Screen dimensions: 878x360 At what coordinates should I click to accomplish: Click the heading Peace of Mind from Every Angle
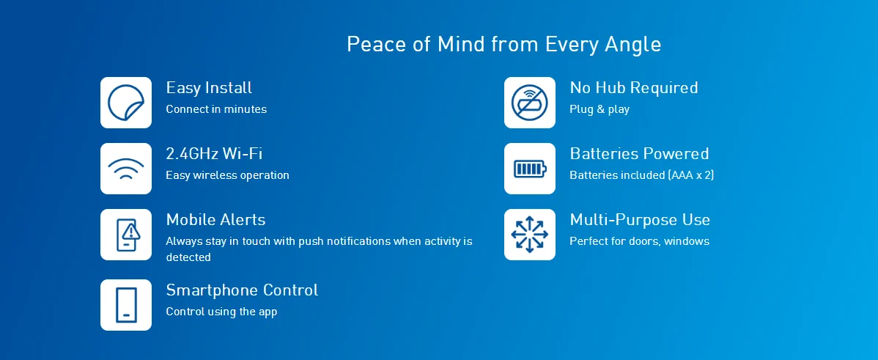pos(503,44)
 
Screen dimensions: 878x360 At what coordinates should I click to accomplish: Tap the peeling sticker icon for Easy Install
pos(126,103)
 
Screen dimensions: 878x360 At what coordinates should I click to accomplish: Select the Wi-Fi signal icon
pos(126,169)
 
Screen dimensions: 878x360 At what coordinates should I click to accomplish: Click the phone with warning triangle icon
pos(126,235)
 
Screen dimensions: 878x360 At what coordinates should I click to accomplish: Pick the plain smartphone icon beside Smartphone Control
pos(126,305)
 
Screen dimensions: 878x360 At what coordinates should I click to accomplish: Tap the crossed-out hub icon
pos(530,103)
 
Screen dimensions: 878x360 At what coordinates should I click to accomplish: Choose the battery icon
pos(530,169)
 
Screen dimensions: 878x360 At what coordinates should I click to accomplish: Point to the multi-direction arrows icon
pos(530,235)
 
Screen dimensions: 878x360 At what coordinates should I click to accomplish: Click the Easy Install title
pos(209,88)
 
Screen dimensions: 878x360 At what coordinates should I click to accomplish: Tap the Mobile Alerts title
pos(215,219)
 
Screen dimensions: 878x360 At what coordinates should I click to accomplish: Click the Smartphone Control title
pos(242,290)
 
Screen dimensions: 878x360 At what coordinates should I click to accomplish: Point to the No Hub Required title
pos(634,88)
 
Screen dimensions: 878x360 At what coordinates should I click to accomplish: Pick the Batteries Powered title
pos(640,153)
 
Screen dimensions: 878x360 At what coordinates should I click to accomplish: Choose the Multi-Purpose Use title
pos(640,219)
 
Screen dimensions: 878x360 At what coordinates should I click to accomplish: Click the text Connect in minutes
pos(216,109)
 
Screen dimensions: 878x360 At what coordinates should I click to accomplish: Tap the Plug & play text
pos(600,109)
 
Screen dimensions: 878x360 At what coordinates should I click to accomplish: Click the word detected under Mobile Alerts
pos(188,257)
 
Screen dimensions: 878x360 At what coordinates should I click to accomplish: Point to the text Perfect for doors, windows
pos(640,241)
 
